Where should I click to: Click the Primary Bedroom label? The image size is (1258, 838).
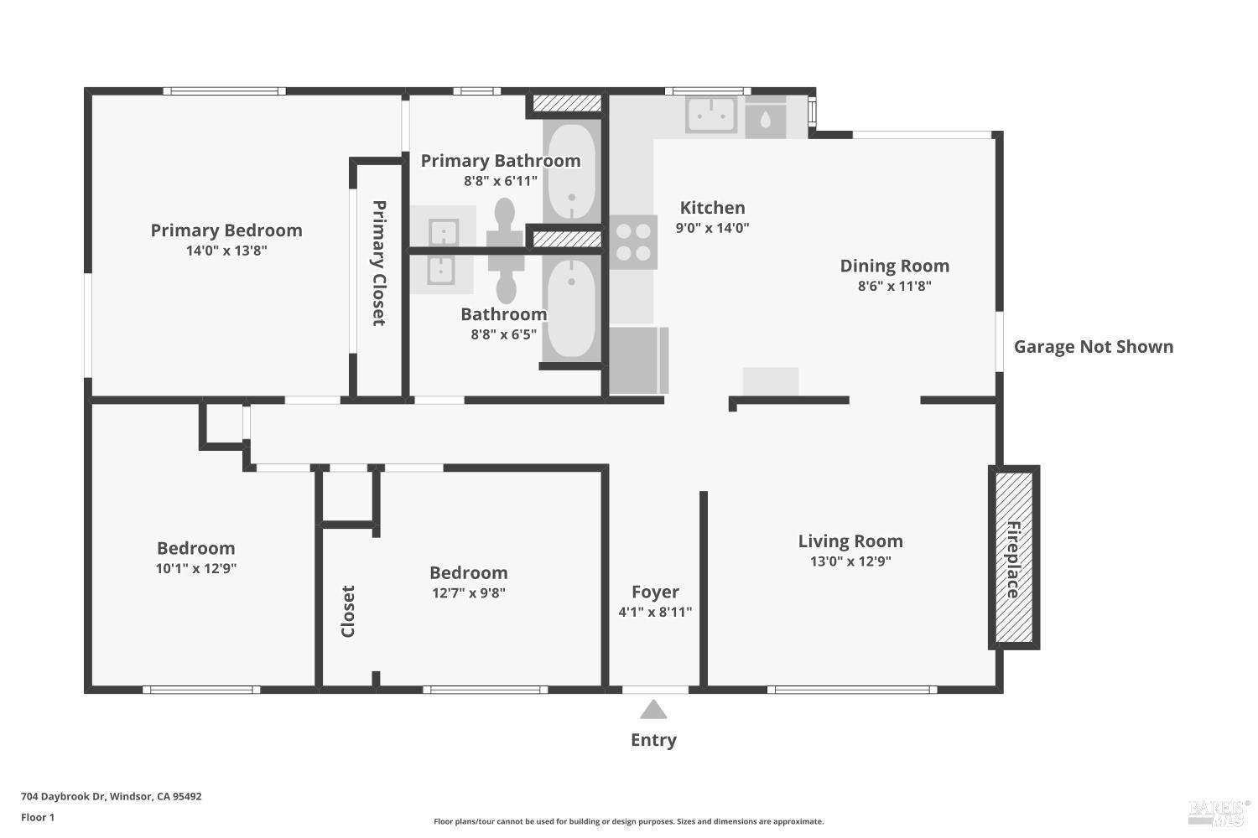(226, 230)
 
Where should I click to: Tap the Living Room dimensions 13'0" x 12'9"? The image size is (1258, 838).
(850, 561)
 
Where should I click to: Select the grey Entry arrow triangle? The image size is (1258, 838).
(653, 710)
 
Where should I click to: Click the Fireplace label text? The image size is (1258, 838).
(1012, 560)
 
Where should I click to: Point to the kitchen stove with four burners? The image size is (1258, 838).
(633, 242)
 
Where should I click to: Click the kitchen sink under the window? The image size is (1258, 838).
(711, 115)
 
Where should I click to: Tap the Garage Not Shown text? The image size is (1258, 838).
(1094, 346)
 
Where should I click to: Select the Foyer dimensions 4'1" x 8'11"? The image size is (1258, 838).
(655, 612)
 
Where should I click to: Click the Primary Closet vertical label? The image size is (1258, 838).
(379, 262)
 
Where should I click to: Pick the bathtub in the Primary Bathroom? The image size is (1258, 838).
(572, 171)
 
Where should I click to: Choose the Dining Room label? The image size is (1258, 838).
(895, 266)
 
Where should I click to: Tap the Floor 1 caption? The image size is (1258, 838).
(38, 817)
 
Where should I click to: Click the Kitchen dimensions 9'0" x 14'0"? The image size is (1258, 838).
(712, 227)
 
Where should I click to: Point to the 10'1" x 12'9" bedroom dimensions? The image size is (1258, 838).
(196, 568)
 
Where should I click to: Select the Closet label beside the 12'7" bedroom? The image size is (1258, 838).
(348, 611)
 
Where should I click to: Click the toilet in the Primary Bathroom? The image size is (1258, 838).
(505, 222)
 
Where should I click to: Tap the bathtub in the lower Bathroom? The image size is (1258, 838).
(571, 308)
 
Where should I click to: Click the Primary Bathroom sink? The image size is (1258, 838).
(444, 233)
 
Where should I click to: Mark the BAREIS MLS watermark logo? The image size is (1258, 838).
(1218, 814)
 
